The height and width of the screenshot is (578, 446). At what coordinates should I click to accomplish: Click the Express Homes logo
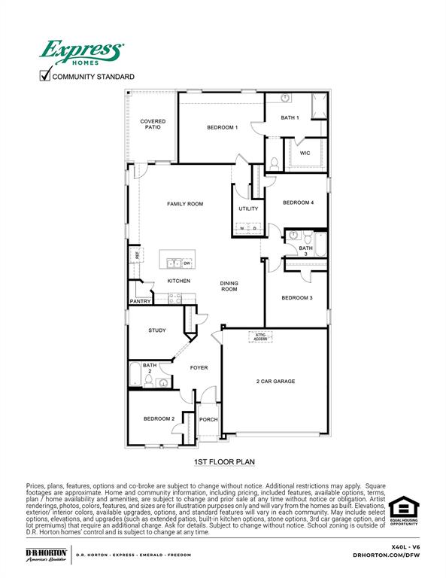pos(81,53)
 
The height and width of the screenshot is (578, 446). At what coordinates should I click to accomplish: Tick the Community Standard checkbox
pos(45,75)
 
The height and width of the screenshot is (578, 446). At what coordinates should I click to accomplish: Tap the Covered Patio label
pos(153,124)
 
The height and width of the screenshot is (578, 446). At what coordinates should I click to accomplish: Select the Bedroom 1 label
pos(223,127)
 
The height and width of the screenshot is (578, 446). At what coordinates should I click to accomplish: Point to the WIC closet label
pos(305,153)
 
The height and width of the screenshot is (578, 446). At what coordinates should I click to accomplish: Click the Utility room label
pos(248,208)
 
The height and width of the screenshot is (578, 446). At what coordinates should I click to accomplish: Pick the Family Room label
pos(185,204)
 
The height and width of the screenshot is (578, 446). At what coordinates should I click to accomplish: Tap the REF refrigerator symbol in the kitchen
pos(137,255)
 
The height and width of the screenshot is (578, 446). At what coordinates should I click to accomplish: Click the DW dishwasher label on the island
pos(187,263)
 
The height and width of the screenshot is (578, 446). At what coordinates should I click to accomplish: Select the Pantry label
pos(140,301)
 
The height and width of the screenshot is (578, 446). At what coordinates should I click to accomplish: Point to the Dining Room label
pos(229,286)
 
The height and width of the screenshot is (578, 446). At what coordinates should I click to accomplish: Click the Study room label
pos(157,330)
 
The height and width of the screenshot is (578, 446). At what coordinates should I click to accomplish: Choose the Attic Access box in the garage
pos(260,336)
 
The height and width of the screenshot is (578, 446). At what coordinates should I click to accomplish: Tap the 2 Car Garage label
pos(275,382)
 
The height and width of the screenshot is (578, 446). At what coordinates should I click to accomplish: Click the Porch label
pos(208,420)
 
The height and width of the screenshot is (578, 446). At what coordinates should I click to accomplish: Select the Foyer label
pos(199,368)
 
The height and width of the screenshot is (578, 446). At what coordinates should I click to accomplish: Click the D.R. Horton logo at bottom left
pos(47,555)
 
